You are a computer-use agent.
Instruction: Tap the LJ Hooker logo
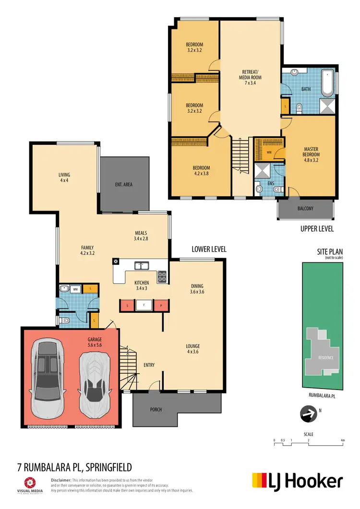(x=298, y=481)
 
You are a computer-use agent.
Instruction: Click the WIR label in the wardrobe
(x=269, y=153)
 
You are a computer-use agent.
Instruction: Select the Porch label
(x=156, y=409)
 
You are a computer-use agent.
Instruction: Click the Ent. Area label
(x=124, y=184)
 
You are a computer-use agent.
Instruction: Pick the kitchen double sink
(x=141, y=265)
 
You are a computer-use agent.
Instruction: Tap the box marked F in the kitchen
(x=144, y=305)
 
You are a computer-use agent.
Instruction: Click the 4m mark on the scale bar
(x=342, y=439)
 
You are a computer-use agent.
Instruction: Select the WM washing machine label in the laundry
(x=75, y=289)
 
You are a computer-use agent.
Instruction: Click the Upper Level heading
(x=316, y=229)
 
